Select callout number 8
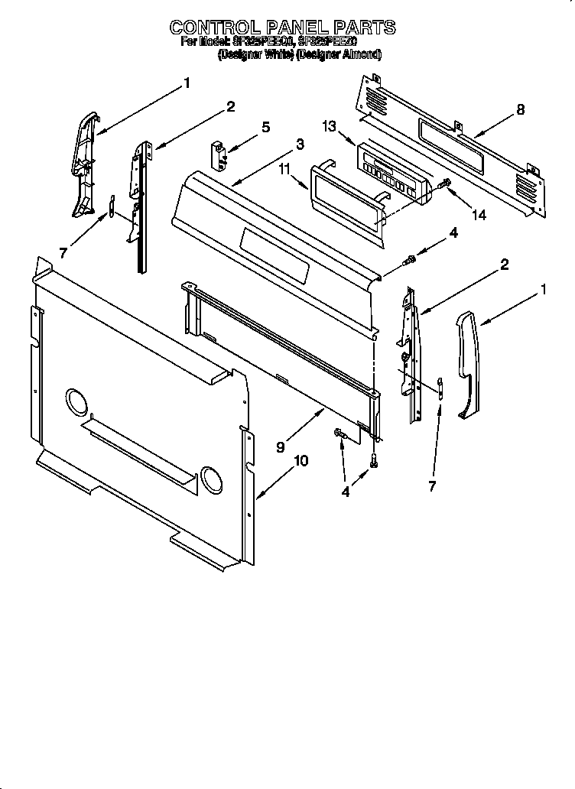(x=520, y=109)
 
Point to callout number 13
(x=329, y=127)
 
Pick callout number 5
(x=265, y=127)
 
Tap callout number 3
(x=299, y=143)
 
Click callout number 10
(x=300, y=460)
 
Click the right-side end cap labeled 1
(x=469, y=364)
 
